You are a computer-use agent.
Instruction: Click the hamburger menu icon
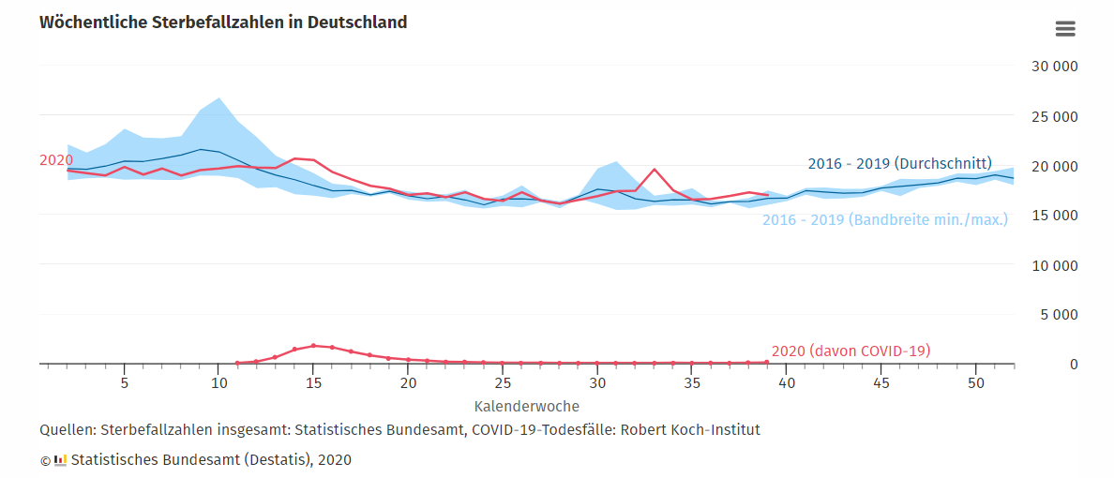pos(1065,29)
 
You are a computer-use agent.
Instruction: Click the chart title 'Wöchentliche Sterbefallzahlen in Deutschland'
pos(223,22)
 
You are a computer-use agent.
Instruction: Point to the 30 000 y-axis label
pos(1054,67)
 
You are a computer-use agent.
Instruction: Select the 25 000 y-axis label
pos(1054,116)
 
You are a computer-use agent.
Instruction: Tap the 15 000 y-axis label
pos(1054,216)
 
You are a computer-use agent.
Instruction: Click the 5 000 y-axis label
pos(1059,314)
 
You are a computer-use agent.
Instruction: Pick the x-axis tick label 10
pos(218,384)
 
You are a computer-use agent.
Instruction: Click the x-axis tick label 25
pos(503,384)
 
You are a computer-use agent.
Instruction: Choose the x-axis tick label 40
pos(787,384)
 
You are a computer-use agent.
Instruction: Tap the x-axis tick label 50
pos(976,384)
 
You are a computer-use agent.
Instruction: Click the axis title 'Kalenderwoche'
pos(526,407)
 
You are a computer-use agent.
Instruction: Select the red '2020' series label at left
pos(55,160)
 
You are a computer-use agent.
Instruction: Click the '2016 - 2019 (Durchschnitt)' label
pos(899,164)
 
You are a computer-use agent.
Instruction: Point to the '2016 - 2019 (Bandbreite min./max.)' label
pos(884,220)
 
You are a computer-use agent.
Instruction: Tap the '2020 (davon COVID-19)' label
pos(851,351)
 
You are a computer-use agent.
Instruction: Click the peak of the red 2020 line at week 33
pos(655,170)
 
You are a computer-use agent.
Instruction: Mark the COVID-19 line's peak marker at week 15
pos(313,345)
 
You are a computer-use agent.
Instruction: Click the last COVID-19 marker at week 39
pos(767,362)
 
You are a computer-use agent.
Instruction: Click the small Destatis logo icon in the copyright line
pos(61,460)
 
